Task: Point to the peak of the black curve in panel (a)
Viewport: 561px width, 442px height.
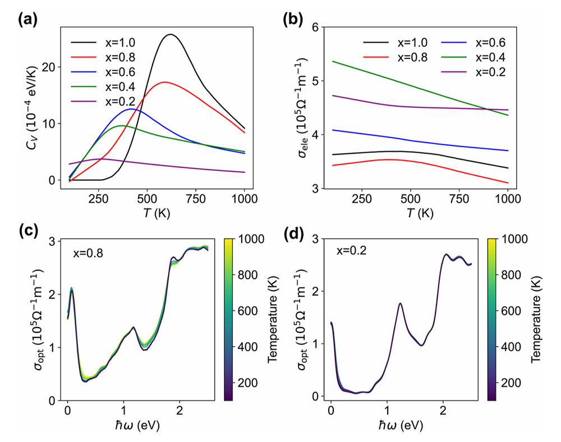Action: pos(170,35)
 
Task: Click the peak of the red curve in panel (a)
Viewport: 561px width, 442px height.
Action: pos(163,82)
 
